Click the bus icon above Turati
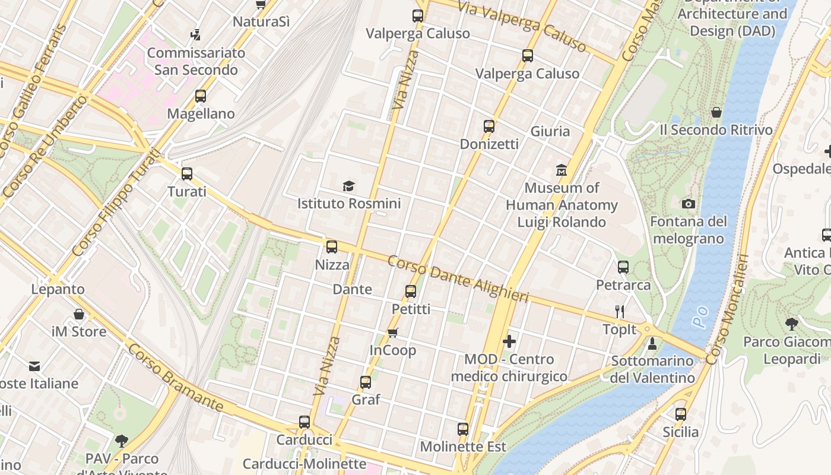[x=187, y=174]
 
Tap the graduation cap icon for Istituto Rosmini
[x=348, y=186]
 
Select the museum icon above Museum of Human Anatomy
[x=561, y=170]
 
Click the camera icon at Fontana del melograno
[x=689, y=204]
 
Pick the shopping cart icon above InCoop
[x=392, y=332]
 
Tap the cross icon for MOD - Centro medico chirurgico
[x=509, y=341]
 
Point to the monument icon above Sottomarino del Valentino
[x=652, y=343]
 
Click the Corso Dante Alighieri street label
[x=458, y=279]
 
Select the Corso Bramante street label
[x=175, y=378]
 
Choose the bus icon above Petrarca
[x=623, y=267]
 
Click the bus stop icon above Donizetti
[x=489, y=126]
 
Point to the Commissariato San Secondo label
[x=196, y=61]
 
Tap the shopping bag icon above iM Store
[x=79, y=314]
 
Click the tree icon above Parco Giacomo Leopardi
[x=791, y=324]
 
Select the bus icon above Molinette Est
[x=463, y=429]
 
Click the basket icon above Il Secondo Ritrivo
[x=716, y=112]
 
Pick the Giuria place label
[x=550, y=131]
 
